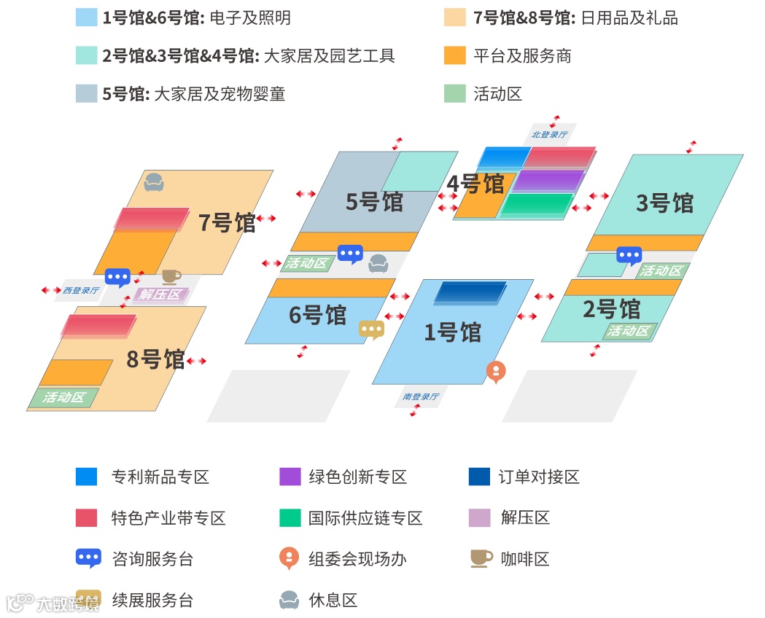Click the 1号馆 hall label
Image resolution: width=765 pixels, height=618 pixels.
pos(453,332)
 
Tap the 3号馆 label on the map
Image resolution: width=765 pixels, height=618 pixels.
pos(664,203)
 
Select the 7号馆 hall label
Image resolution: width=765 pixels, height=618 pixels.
pos(227,222)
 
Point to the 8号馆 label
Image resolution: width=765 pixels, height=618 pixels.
pos(155,359)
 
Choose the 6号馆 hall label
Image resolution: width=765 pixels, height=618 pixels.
pos(317,315)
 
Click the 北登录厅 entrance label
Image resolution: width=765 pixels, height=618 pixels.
pos(549,134)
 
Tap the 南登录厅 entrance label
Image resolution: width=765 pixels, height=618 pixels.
pos(421,397)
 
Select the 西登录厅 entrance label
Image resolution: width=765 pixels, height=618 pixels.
pos(80,290)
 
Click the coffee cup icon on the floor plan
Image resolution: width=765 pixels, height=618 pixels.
pos(171,276)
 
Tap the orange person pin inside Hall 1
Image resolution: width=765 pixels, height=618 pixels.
pos(495,372)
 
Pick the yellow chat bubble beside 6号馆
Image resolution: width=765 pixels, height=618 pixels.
pos(372,329)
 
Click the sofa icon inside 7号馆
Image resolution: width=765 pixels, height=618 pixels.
pos(154,181)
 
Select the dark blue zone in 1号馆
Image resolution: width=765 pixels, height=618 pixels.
pos(470,292)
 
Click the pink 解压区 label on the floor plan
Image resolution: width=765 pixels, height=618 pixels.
pos(160,295)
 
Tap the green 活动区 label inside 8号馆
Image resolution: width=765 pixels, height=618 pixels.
pos(64,398)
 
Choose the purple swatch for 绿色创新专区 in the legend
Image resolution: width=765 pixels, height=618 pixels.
pos(290,477)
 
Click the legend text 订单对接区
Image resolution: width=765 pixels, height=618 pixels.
pos(539,477)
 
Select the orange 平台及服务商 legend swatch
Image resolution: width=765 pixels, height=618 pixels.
pos(454,55)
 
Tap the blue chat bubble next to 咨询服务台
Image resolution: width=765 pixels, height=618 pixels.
pos(89,559)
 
